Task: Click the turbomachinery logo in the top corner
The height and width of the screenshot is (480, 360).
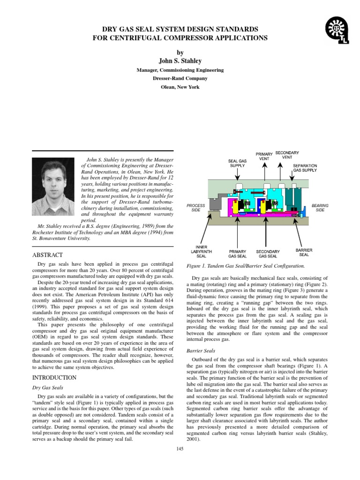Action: click(336, 30)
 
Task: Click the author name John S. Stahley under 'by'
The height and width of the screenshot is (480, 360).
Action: click(180, 60)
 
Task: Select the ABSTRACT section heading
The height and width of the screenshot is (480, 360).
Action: click(47, 255)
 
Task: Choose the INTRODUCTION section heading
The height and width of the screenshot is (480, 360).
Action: click(53, 377)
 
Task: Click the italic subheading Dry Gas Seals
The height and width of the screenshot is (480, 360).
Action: click(47, 388)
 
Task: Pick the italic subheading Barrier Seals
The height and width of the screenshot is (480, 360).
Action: click(201, 350)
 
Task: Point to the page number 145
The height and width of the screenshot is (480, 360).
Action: click(180, 449)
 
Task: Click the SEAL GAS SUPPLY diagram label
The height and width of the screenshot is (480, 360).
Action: click(237, 163)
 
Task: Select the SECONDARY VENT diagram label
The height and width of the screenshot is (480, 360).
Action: click(287, 155)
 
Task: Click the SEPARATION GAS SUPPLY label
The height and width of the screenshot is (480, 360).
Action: click(305, 168)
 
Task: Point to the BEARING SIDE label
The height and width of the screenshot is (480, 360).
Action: click(320, 208)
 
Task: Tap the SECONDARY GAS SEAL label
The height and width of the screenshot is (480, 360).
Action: click(268, 254)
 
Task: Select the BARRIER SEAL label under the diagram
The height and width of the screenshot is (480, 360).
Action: click(304, 252)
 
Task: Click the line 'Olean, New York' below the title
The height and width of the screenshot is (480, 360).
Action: click(180, 87)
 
